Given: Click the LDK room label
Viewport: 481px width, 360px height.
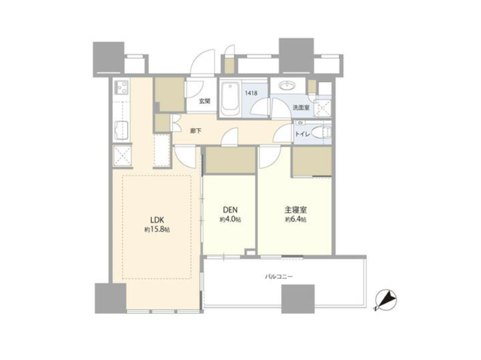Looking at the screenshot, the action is (157, 220).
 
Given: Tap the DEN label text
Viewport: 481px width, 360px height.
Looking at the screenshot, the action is (230, 210).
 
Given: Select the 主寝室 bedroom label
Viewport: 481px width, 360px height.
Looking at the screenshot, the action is (296, 210).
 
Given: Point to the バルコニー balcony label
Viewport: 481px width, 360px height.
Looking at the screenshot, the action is (279, 277).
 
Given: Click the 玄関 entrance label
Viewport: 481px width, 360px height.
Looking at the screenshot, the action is (205, 101).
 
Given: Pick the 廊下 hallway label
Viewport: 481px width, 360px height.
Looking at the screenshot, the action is (196, 131).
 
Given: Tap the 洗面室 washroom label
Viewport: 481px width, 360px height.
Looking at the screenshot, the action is (301, 107).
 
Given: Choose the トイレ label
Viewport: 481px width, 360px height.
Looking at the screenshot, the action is (303, 134).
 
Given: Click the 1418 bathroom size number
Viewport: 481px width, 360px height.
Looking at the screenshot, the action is (251, 93).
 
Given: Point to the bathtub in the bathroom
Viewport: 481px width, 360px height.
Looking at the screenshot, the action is (230, 97).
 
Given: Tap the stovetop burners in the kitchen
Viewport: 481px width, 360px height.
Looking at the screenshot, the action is (121, 87).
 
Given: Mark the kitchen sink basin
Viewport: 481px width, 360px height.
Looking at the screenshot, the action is (121, 131).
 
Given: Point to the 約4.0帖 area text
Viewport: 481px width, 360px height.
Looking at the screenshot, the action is (230, 220).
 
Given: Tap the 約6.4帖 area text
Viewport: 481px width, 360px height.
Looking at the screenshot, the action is (296, 220).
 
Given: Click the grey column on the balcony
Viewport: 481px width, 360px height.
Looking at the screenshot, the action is (298, 299).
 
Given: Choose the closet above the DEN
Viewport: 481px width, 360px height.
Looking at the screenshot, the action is (230, 160).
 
